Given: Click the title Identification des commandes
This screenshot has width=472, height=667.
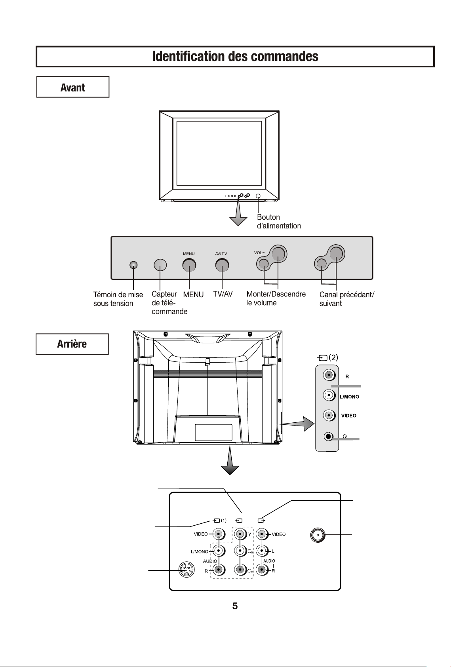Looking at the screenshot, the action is (235, 56).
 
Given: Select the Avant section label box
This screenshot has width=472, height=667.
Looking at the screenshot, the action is (73, 87).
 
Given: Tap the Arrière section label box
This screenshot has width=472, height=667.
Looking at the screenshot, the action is (72, 344).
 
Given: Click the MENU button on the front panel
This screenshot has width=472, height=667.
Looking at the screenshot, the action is (189, 265).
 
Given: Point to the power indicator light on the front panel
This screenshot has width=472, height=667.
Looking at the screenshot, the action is (134, 265).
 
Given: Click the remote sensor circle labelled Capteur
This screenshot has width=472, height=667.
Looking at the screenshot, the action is (160, 265).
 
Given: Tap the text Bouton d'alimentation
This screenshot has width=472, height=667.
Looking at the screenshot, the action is (279, 221).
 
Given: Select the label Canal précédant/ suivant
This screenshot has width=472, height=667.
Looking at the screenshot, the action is (346, 299).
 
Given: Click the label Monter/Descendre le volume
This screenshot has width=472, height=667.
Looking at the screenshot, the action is (276, 298).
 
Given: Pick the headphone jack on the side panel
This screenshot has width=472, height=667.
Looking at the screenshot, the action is (328, 437).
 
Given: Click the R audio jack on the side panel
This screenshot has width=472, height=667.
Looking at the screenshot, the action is (329, 375).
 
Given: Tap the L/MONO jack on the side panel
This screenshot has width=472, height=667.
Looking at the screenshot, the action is (329, 395).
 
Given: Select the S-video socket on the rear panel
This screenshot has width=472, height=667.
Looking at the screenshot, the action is (187, 569).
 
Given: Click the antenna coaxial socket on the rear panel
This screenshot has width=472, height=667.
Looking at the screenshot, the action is (318, 535).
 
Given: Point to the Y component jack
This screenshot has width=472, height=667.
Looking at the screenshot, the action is (240, 534).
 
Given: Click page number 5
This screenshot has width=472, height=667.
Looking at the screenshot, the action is (235, 606).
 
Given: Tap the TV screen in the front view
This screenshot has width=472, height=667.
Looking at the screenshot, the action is (219, 153).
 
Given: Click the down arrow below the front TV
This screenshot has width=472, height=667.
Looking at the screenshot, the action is (238, 213).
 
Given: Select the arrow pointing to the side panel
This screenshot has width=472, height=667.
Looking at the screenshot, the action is (298, 424).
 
